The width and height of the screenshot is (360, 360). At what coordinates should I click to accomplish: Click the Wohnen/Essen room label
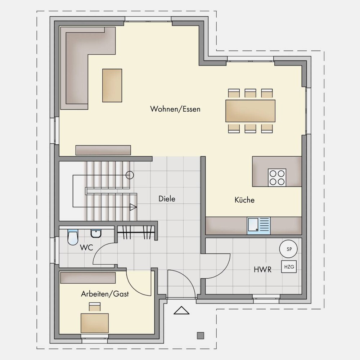(175, 109)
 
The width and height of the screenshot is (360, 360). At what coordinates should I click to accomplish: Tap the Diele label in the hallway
(167, 199)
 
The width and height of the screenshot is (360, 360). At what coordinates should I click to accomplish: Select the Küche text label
(244, 200)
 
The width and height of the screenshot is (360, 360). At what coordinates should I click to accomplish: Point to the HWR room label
(262, 269)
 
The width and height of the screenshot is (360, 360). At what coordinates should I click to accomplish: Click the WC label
(86, 248)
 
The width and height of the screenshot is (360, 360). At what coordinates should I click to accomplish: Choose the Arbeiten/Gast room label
(105, 294)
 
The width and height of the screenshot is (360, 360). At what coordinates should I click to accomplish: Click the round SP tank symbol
(288, 249)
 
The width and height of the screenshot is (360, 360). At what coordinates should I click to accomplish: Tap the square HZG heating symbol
(289, 266)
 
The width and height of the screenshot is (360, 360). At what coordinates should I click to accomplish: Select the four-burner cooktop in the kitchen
(277, 177)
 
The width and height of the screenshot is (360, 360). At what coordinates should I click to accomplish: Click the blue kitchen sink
(259, 226)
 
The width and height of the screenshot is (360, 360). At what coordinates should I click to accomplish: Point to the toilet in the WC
(73, 237)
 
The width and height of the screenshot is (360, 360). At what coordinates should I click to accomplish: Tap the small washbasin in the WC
(95, 234)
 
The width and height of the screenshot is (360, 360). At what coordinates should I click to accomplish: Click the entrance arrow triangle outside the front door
(181, 310)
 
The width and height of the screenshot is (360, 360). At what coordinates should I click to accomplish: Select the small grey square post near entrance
(201, 336)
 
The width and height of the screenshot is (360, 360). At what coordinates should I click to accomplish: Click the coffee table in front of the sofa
(112, 85)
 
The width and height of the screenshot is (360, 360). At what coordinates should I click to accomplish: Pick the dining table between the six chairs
(250, 111)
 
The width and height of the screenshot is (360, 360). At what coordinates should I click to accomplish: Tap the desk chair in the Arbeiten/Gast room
(95, 307)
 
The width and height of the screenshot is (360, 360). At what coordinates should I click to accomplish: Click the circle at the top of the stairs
(130, 175)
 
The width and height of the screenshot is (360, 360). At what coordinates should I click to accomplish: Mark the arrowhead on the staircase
(133, 207)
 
